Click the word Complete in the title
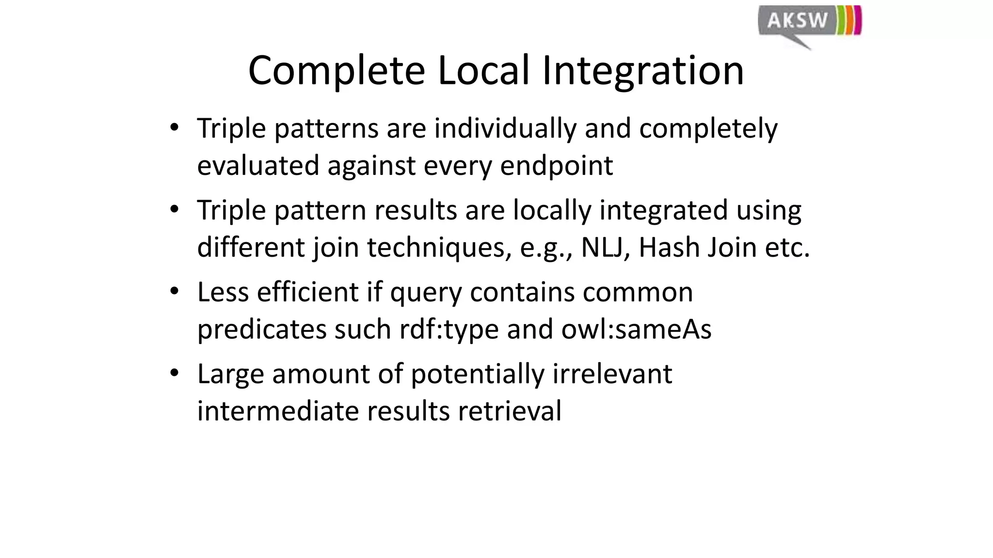tap(336, 71)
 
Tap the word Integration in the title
tap(642, 71)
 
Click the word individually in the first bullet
tap(505, 129)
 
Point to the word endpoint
tap(556, 166)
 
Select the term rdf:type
tap(449, 329)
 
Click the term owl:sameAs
tap(636, 329)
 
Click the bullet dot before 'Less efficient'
tap(175, 292)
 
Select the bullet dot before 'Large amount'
tap(175, 373)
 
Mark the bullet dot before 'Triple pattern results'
tap(175, 210)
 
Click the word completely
tap(708, 129)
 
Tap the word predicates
tap(262, 329)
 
